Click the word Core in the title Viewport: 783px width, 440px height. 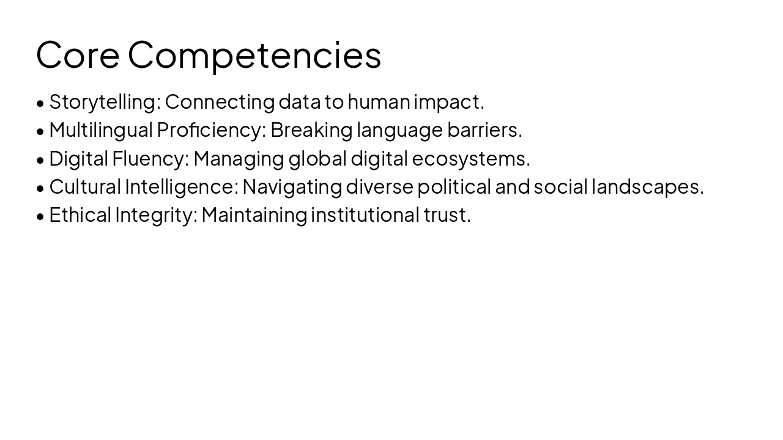click(78, 54)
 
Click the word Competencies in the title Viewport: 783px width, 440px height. click(254, 56)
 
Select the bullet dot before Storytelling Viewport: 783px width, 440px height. click(40, 103)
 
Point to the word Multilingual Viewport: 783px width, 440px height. click(100, 130)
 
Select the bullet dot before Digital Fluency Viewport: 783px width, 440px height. click(40, 160)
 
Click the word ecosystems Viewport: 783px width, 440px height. click(470, 159)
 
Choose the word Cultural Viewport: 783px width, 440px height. click(85, 186)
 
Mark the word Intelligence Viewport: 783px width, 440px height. click(182, 187)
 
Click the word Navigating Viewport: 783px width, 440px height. click(292, 187)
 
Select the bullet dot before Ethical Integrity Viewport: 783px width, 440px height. click(40, 216)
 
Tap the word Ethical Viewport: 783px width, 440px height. click(80, 215)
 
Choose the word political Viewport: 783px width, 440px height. click(454, 187)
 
